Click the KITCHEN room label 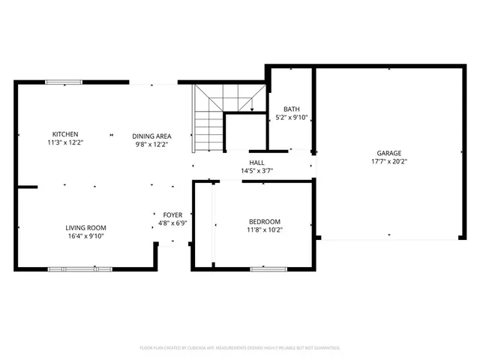pos(64,134)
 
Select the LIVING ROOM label pos(85,228)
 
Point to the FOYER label pos(172,214)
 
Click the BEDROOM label pos(265,221)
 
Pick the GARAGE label pos(388,152)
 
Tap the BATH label pos(291,109)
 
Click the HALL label pos(256,162)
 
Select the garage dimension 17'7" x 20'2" pos(388,161)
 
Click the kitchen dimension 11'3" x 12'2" pos(64,143)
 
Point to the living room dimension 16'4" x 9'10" pos(85,236)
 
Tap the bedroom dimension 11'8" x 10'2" pos(265,229)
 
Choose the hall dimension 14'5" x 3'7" pos(256,170)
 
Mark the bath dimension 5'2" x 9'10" pos(292,118)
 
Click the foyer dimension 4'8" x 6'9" pos(172,223)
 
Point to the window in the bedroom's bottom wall pos(268,268)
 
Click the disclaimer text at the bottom pos(240,348)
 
